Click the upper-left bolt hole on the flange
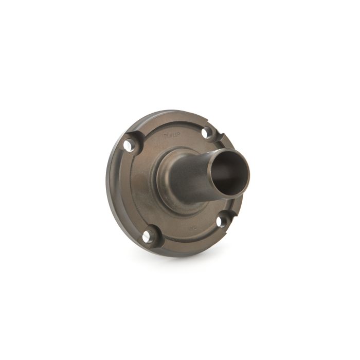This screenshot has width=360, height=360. click(128, 146)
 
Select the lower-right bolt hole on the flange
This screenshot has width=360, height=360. click(221, 222)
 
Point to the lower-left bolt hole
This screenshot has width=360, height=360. click(147, 236)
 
